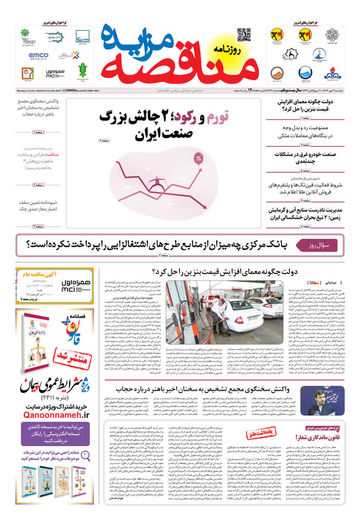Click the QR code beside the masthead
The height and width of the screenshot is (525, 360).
point(244,35)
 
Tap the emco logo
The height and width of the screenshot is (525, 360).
point(38,55)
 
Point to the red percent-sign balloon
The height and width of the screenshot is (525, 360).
point(198,158)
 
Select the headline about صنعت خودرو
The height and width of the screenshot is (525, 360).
point(305,158)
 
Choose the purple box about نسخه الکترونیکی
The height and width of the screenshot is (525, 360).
point(55,434)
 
